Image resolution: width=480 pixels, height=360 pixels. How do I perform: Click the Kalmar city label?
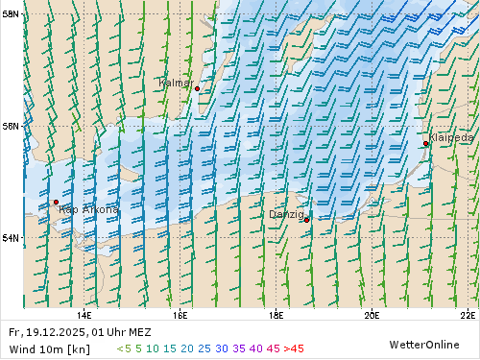(174, 84)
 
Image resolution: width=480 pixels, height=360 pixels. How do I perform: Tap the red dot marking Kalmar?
(197, 88)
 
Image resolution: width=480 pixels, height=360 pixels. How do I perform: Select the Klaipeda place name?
(451, 138)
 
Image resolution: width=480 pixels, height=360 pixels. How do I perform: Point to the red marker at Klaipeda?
(425, 143)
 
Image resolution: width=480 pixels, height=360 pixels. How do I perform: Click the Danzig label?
(286, 214)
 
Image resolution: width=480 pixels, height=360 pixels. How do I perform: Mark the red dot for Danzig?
(306, 220)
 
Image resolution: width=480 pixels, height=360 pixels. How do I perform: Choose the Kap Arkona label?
(88, 209)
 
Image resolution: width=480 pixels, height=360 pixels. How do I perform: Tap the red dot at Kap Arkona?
(56, 203)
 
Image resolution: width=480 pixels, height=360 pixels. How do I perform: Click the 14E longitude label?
(84, 313)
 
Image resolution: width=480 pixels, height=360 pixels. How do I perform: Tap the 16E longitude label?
(180, 313)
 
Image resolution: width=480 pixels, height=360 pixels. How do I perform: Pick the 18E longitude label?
(276, 313)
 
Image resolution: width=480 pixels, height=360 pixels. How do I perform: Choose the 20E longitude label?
(372, 313)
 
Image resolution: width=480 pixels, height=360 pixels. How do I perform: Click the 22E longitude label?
(468, 313)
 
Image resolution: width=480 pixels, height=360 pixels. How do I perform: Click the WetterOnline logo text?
(422, 344)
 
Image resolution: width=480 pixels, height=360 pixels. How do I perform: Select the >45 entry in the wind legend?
(294, 348)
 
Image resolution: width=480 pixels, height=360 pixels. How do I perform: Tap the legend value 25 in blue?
(204, 348)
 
